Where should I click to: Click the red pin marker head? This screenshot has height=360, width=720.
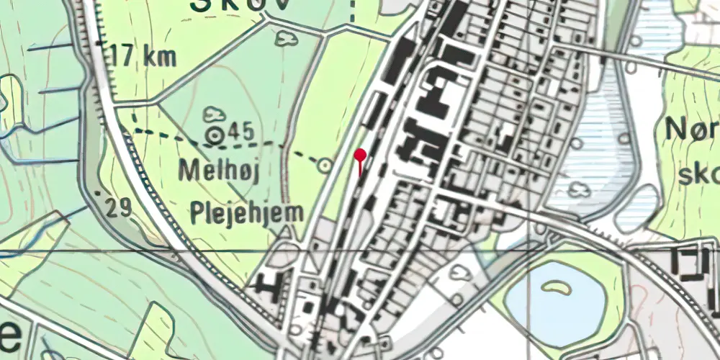point(360,153)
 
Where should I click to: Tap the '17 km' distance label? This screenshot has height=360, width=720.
point(144,57)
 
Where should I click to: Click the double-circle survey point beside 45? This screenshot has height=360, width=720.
point(215,134)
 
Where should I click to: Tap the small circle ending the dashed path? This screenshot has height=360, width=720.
point(325,166)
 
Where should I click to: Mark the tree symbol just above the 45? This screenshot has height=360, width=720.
point(215,114)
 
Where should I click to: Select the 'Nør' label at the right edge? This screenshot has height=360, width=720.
point(691,130)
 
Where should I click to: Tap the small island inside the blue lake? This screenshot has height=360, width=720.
point(554,288)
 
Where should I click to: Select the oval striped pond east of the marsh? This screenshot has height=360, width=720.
point(636,209)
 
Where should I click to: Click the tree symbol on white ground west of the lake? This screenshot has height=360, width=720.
point(459,271)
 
